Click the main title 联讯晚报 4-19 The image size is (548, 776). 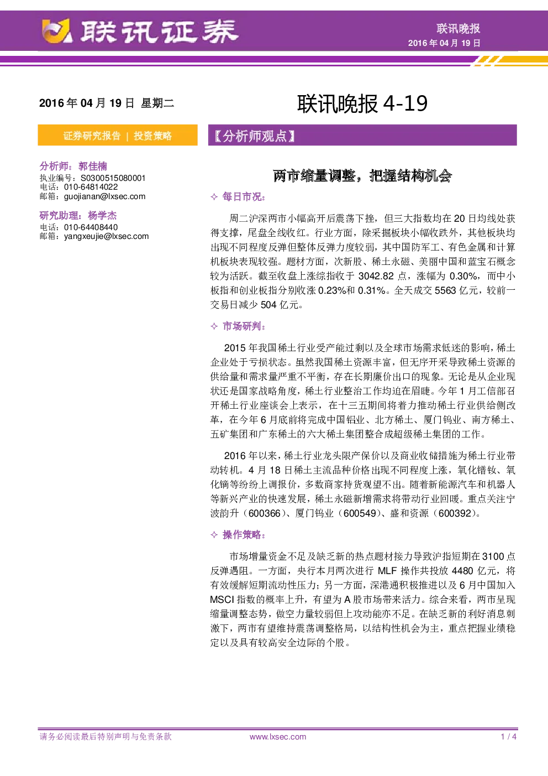coord(362,103)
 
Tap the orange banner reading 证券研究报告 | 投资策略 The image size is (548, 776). coord(118,135)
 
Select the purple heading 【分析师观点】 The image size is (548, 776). coord(255,136)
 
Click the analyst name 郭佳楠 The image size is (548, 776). coord(93,166)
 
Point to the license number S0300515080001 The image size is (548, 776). coord(113,178)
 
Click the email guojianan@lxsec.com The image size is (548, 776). coord(104,196)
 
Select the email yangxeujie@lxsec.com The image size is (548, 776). coord(106,236)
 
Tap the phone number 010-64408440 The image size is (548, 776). coord(91,227)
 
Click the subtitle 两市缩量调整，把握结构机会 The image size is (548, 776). coord(362,176)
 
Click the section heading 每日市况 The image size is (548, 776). coord(243,197)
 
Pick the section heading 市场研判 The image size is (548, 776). coord(243,326)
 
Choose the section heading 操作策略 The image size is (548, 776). coord(243,535)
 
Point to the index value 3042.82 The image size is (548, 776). coord(376,276)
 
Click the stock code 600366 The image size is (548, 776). coord(264,513)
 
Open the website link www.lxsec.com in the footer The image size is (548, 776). coord(278,737)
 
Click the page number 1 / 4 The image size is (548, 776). coord(509,737)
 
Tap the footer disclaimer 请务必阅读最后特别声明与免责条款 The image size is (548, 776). coord(106,737)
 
